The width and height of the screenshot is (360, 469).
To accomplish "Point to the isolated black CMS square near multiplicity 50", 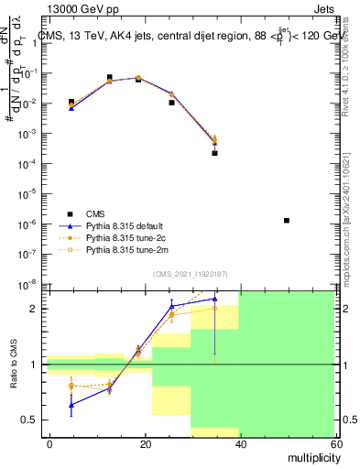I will coord(288,220).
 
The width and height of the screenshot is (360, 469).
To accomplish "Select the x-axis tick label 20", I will coord(146,442).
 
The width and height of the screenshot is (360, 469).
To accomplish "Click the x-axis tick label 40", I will coord(240,442).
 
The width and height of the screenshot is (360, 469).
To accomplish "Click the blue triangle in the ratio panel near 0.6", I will coord(71,404).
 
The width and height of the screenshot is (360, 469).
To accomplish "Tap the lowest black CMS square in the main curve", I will coord(214,153).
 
